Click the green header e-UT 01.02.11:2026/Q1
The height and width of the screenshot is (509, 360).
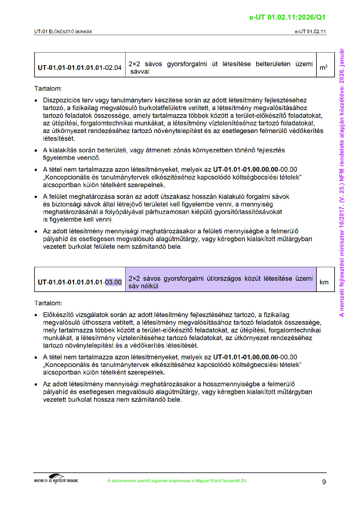click(x=287, y=17)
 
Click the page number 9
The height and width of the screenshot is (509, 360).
click(x=324, y=482)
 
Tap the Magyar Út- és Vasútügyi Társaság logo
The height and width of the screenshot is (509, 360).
click(x=56, y=479)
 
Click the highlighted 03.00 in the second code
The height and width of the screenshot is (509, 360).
click(x=113, y=282)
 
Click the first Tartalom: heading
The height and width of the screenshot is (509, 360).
click(x=48, y=89)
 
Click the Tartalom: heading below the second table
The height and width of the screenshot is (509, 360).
click(x=48, y=303)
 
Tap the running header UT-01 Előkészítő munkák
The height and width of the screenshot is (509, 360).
click(x=63, y=31)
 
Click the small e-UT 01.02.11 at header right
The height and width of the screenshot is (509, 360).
click(x=310, y=31)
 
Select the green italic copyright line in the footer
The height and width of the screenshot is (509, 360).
click(x=177, y=481)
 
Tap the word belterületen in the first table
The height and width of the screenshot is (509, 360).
click(x=273, y=64)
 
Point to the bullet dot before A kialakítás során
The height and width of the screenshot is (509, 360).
click(x=36, y=151)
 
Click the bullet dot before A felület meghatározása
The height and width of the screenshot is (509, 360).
click(x=36, y=197)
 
